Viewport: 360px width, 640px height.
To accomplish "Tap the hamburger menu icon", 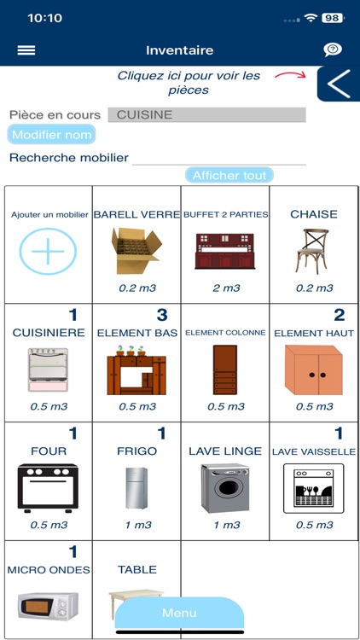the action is (x=26, y=50).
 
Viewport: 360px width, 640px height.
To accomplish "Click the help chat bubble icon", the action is (x=333, y=49).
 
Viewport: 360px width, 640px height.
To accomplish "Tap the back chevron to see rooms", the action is (x=339, y=84).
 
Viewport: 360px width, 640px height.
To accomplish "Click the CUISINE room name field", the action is (x=207, y=114).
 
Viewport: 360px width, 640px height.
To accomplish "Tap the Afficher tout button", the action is (x=229, y=176).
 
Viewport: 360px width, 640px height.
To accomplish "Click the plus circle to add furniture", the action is (x=48, y=251).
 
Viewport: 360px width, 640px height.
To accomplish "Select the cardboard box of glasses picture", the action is (x=136, y=251).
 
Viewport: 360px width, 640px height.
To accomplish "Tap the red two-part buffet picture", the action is (x=225, y=251).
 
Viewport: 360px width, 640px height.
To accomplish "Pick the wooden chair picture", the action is (x=312, y=250).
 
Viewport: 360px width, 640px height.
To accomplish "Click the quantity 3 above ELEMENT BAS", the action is (x=162, y=315).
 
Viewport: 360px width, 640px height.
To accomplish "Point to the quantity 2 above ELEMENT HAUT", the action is (x=340, y=315).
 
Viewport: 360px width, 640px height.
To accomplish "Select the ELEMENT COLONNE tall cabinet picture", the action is (x=225, y=369).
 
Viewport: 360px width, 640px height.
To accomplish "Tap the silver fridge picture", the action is (x=136, y=488).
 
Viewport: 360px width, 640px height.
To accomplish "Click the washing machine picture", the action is (x=225, y=488).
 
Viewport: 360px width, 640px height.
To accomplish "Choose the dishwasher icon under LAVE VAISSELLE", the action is (x=313, y=488).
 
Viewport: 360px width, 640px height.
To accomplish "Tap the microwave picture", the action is (x=48, y=607).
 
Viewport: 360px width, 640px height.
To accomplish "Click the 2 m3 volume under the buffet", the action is (x=226, y=288).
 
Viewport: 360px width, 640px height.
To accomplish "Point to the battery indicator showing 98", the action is (x=333, y=18).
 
